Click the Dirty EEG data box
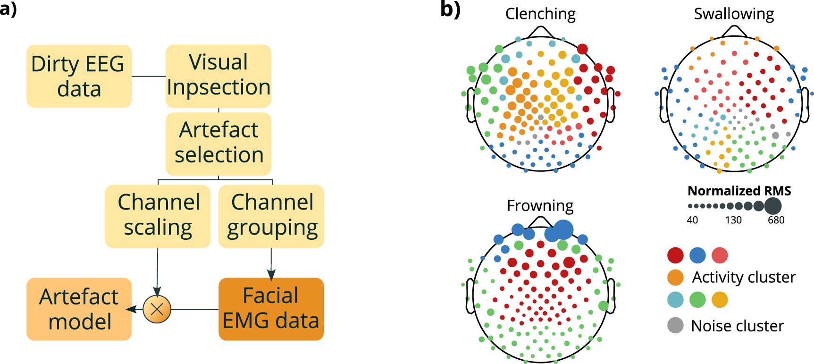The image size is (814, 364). click(79, 76)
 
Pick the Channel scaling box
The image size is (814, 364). click(158, 216)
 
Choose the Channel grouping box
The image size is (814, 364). click(271, 216)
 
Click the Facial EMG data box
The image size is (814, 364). click(271, 309)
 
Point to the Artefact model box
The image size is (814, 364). click(79, 309)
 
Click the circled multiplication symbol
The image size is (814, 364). click(157, 309)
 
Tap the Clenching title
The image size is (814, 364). click(540, 14)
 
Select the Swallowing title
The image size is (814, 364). click(734, 14)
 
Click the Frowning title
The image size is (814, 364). click(540, 205)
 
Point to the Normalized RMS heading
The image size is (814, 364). click(739, 191)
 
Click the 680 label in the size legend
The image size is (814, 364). click(776, 220)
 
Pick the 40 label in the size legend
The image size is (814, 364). click(692, 220)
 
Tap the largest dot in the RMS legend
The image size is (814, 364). click(772, 206)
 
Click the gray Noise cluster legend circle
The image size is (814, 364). click(675, 325)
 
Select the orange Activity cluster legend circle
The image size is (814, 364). click(675, 277)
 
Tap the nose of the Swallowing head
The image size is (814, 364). click(734, 31)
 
